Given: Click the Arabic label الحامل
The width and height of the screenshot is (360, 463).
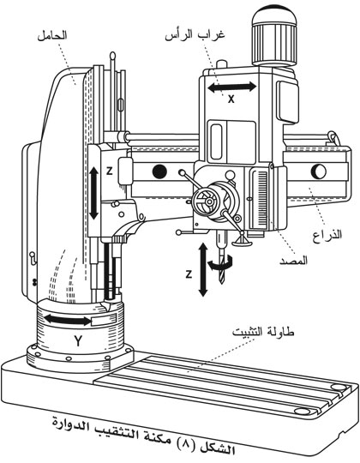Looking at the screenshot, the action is pos(52,35).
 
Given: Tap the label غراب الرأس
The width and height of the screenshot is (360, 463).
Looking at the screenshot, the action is pos(195,35).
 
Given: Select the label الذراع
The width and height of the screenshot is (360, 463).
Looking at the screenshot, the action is pos(327,235).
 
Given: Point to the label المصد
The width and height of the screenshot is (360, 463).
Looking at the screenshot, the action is pos(293,261).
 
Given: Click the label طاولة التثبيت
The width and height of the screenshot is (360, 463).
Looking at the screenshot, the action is pos(263,332).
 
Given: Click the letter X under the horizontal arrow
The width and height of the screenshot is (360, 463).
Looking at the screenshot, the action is pos(231,99).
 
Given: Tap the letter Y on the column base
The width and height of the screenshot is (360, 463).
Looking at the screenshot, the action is pos(78,341).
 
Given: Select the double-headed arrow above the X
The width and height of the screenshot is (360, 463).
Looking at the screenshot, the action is pos(232,87).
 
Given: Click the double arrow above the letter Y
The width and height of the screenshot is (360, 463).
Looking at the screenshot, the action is pos(68,320).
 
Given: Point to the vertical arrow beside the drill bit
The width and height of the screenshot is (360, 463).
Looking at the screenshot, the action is pos(203,269).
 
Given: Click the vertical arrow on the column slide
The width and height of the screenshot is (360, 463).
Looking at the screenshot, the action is pos(93,193).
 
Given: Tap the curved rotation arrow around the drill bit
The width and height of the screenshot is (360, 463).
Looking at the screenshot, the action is pos(221,263).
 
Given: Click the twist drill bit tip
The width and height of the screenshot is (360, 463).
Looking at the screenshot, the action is pos(223,283).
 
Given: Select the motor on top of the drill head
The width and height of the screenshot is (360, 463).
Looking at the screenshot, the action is pos(274,36).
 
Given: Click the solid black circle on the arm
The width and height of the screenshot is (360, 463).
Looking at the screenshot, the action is pos(159,171).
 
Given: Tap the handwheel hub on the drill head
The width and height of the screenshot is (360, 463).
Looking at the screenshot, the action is pos(209,201).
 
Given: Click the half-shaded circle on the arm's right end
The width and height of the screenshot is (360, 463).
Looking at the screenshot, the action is pos(319,171).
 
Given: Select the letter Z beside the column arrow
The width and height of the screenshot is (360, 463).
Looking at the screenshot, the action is pos(109,171).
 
